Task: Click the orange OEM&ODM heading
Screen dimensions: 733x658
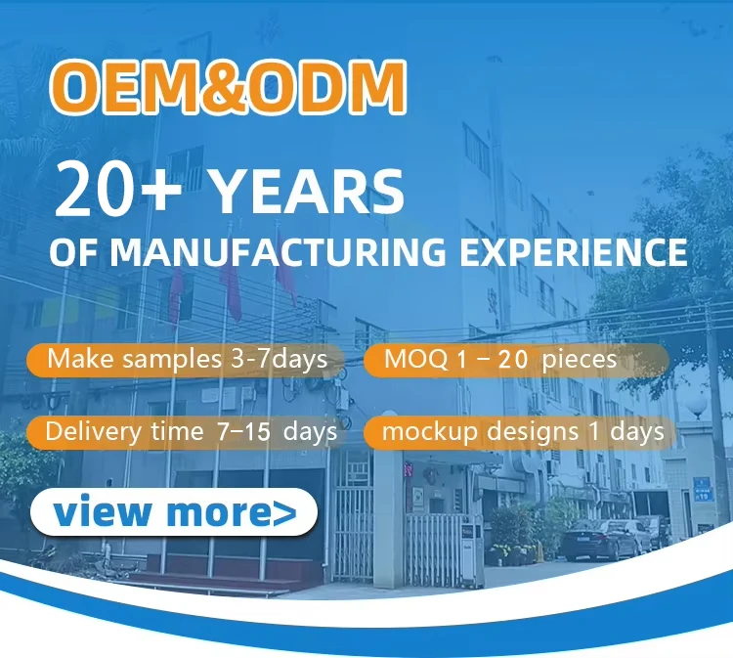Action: click(228, 87)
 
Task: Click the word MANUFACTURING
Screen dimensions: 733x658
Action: click(278, 252)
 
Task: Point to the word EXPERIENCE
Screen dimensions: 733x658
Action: click(574, 252)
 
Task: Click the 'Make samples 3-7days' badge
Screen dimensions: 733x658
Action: click(186, 360)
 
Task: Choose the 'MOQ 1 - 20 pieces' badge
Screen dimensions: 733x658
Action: click(516, 360)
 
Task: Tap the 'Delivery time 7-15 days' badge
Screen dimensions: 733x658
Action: click(186, 432)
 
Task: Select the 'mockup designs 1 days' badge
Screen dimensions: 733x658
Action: click(520, 432)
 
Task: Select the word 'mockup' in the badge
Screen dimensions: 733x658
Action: click(431, 432)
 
